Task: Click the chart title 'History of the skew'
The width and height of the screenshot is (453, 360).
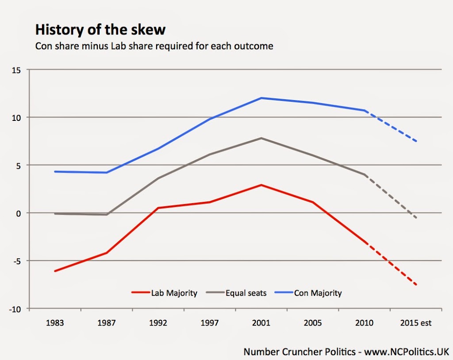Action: [100, 30]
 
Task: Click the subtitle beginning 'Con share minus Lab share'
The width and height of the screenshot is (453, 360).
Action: [154, 46]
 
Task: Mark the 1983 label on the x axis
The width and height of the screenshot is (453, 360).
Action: [55, 323]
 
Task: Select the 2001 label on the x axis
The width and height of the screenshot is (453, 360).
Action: [261, 323]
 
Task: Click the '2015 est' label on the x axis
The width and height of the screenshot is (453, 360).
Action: [416, 323]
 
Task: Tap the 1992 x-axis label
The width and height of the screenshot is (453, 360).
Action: [158, 323]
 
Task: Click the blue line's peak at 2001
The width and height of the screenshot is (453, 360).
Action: [261, 98]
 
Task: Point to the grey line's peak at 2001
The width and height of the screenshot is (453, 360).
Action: [261, 138]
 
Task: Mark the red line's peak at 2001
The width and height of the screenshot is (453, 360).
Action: [261, 185]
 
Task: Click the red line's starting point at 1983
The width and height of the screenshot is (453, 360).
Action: [55, 271]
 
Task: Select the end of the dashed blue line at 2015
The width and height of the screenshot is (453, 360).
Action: [416, 142]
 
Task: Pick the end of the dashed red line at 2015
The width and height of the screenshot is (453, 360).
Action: [416, 285]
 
